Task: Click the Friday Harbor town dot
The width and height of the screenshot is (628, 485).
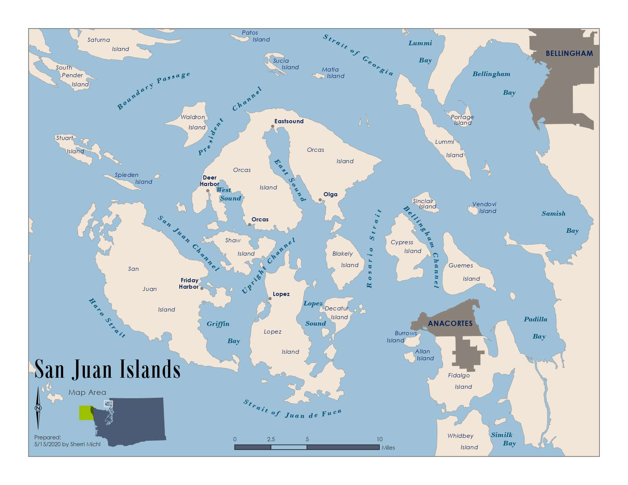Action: [x=202, y=288]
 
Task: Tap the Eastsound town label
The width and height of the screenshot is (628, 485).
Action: [x=289, y=121]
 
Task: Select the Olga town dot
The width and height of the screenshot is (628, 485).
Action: [x=320, y=200]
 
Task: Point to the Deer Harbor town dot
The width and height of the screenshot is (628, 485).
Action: [x=208, y=191]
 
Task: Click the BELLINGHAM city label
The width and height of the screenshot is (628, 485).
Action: [x=569, y=54]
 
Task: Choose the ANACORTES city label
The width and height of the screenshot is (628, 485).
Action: [x=450, y=323]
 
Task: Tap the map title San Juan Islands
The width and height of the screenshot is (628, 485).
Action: [x=107, y=369]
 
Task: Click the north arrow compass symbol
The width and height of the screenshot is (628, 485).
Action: [x=38, y=408]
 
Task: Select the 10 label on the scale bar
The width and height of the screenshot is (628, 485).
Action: [x=379, y=439]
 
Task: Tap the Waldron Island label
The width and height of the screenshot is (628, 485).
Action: [x=195, y=122]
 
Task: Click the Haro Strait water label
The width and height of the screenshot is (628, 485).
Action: [x=107, y=318]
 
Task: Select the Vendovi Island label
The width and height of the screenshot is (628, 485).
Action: [x=484, y=207]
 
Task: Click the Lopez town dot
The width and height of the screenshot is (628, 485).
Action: [x=270, y=299]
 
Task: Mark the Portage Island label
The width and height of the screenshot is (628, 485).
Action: [x=462, y=120]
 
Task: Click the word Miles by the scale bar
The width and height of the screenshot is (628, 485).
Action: [x=388, y=448]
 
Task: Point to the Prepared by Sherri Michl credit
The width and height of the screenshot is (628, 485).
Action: [x=67, y=441]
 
